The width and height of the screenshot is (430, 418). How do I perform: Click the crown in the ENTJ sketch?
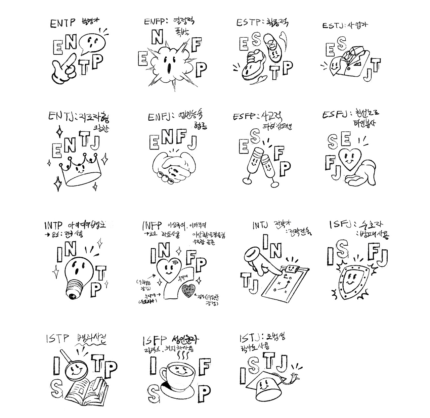coord(79,171)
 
